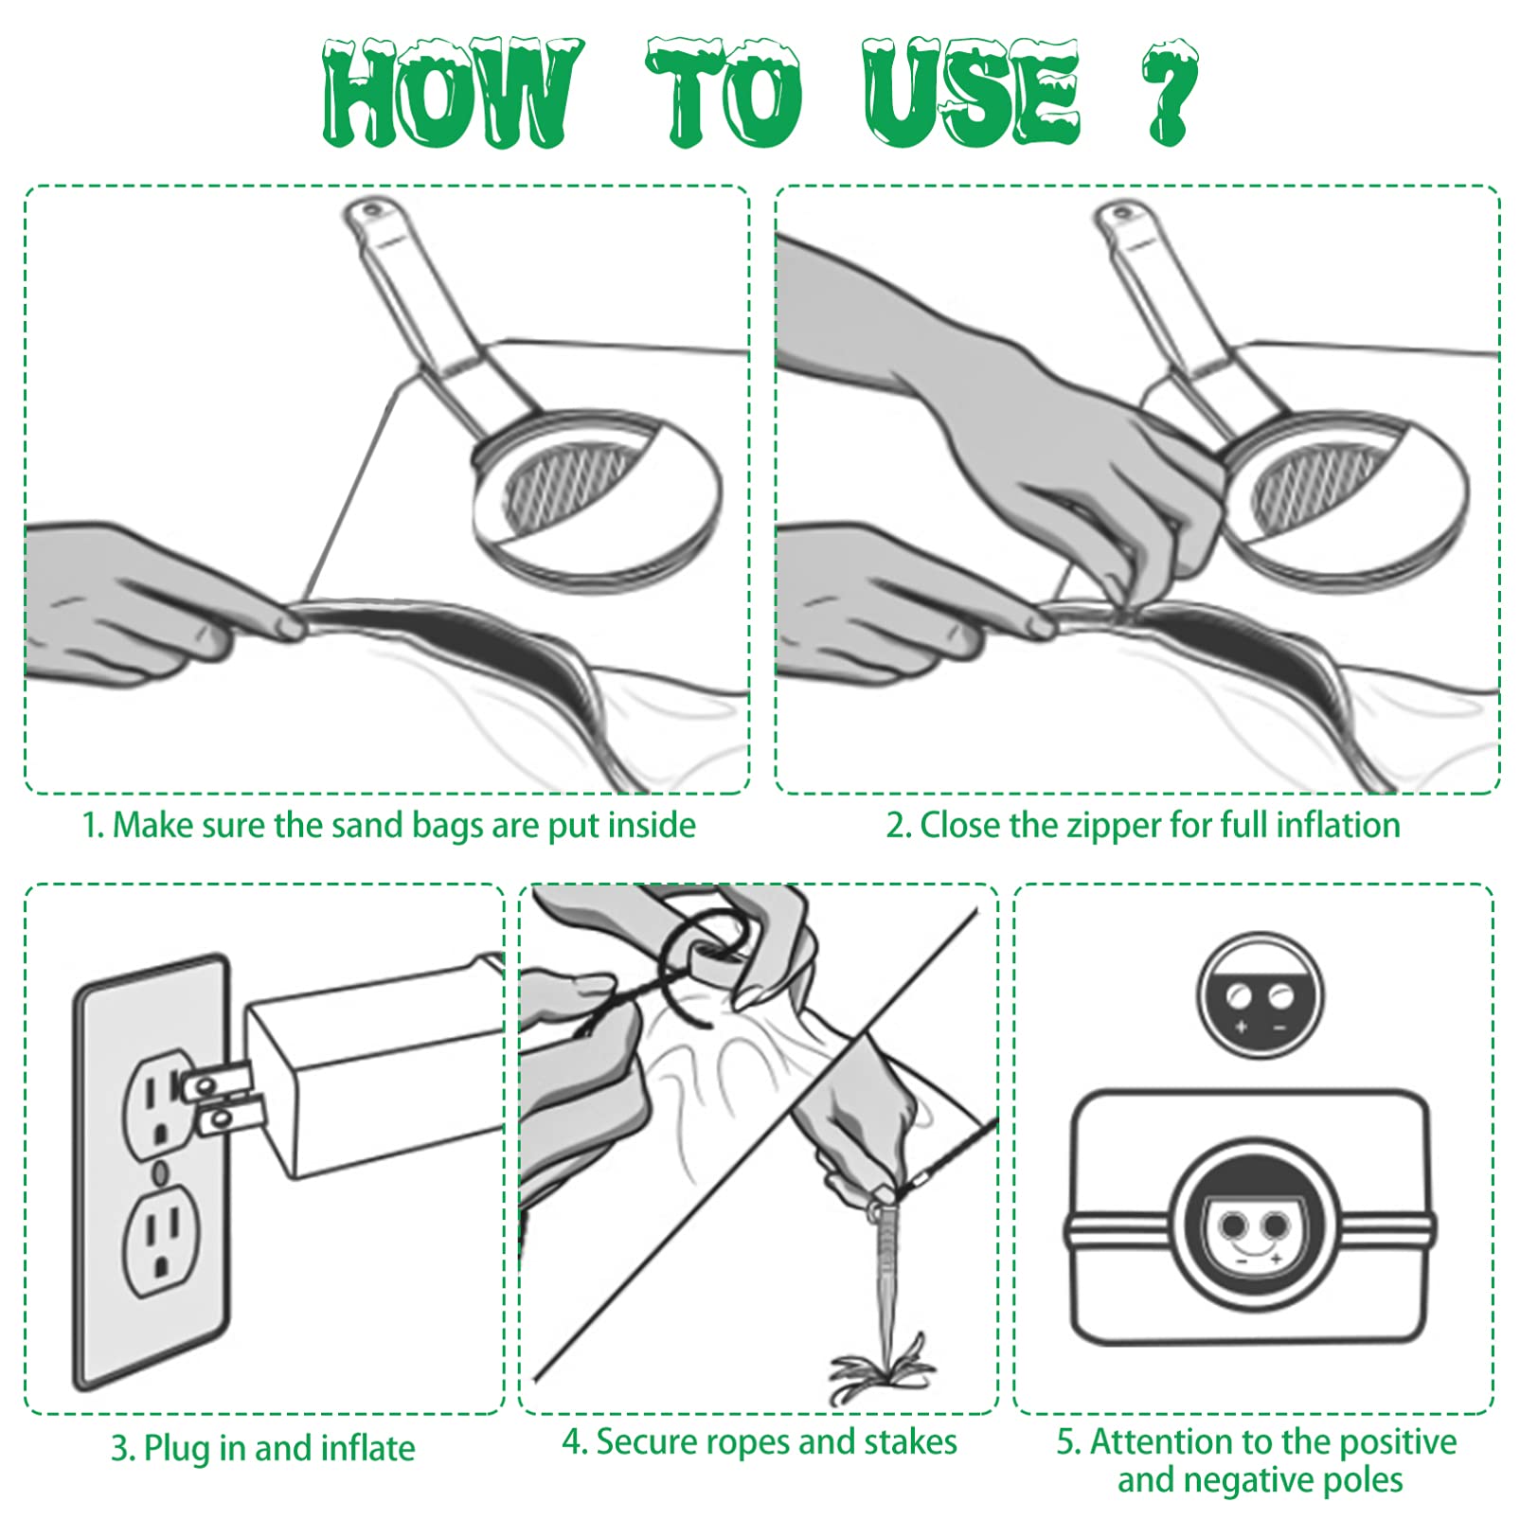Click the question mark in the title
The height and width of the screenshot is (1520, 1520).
pos(1170,93)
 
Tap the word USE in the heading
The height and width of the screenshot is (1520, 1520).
pos(971,93)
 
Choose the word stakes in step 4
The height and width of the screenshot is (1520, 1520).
pos(911,1442)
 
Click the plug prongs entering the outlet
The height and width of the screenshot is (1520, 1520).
pos(221,1099)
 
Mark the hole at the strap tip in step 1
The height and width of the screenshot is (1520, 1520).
pos(370,208)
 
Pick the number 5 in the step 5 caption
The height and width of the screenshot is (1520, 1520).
pos(1066,1442)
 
